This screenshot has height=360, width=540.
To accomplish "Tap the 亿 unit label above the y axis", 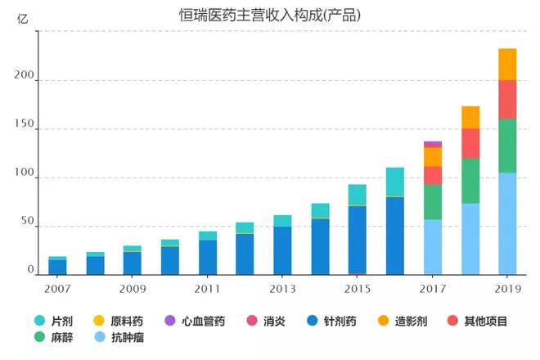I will click(22, 20).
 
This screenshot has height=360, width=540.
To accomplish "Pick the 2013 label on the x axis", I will click(282, 289).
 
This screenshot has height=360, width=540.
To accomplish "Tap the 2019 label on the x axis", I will click(507, 289).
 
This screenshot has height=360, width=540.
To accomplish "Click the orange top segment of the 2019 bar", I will click(507, 64).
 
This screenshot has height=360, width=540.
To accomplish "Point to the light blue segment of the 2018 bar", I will click(470, 239).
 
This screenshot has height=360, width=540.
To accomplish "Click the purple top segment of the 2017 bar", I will click(433, 144).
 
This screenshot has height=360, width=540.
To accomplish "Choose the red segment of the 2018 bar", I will click(470, 143).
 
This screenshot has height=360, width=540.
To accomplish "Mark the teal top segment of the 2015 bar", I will click(358, 195).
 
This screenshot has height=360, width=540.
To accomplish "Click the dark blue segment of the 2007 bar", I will click(57, 267).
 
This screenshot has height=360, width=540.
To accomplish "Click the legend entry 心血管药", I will click(195, 321).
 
